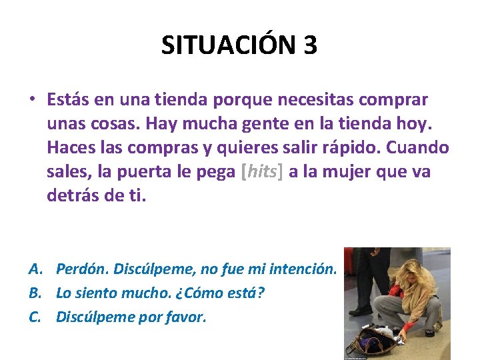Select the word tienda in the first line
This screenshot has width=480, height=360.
coord(180,100)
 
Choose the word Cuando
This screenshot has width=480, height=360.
coord(423,147)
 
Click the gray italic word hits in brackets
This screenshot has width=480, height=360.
coord(260,171)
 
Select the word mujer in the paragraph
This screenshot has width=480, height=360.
coord(349,171)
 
